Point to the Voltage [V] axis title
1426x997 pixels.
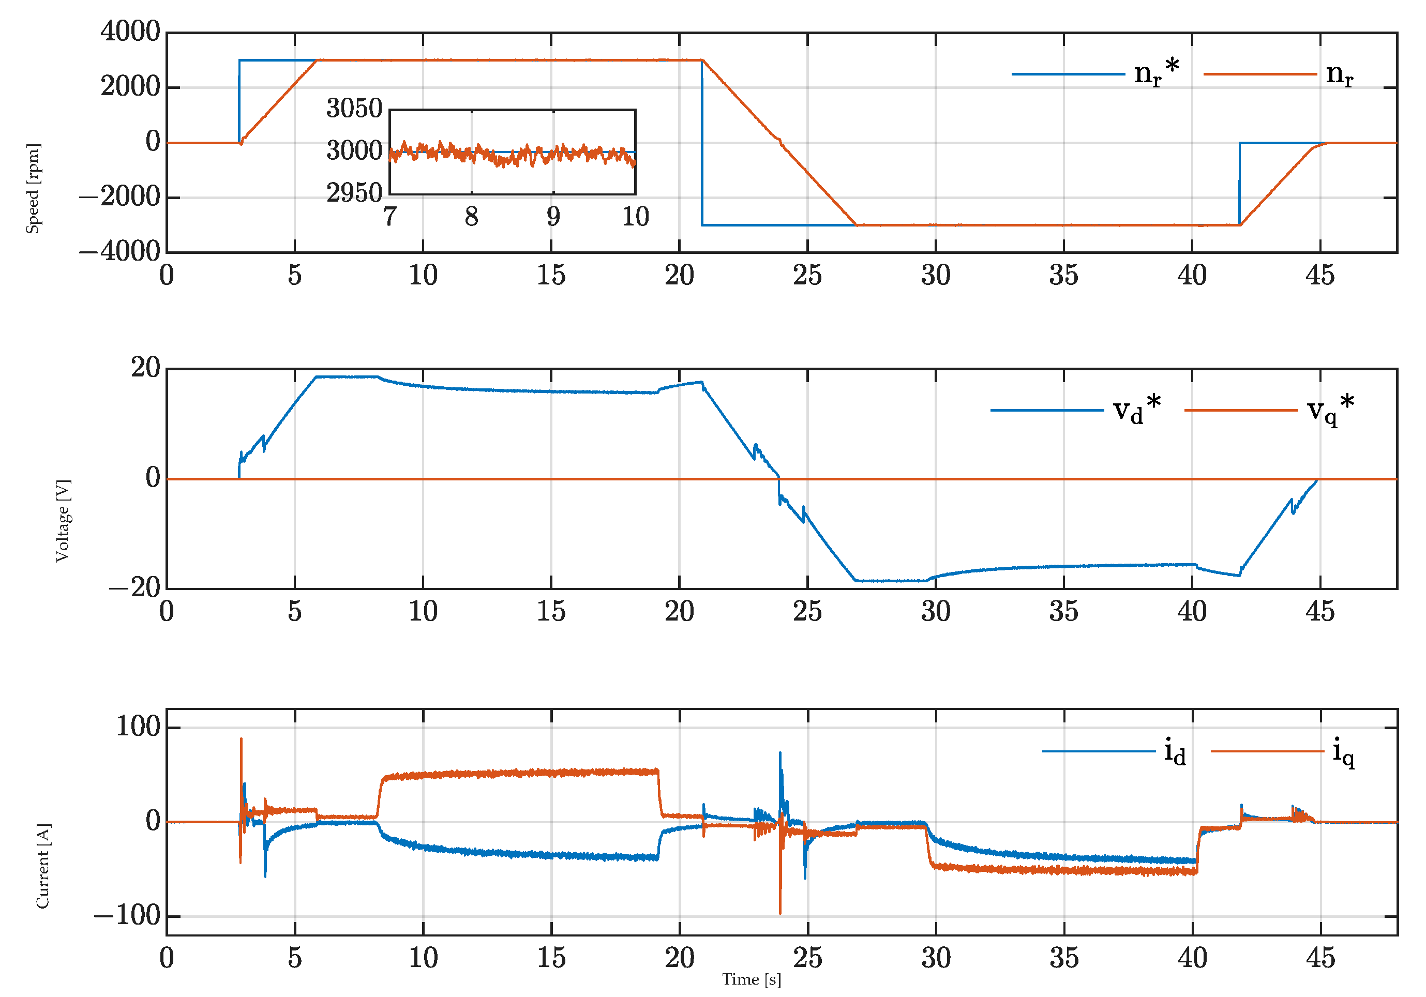coord(63,520)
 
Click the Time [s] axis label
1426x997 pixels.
coord(752,979)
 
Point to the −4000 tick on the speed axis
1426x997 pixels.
coord(120,251)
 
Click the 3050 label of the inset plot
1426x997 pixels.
coord(354,109)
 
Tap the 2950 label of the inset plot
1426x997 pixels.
coord(354,193)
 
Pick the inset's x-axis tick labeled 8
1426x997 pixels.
coord(471,217)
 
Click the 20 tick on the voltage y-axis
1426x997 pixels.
coord(145,368)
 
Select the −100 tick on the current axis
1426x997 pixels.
coord(127,916)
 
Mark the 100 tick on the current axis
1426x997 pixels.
coord(139,727)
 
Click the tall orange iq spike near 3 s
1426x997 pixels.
coord(241,740)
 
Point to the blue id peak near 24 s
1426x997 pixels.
coord(780,754)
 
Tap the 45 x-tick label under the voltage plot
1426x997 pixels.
coord(1320,611)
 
